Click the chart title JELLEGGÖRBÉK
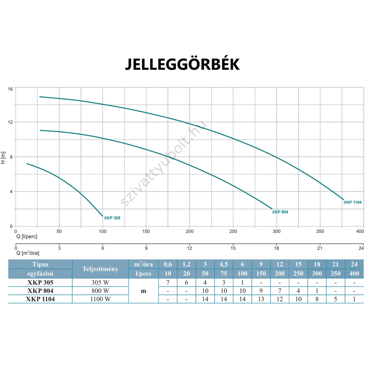182,64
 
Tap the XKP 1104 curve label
352,202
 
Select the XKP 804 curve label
280,212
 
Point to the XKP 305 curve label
112,218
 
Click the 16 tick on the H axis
11,88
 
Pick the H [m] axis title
4,157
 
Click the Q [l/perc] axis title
27,236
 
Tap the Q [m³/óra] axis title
28,253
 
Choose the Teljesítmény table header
100,269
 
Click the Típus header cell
40,264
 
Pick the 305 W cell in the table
100,282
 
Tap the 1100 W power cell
100,299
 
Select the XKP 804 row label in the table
40,291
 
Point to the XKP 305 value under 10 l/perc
168,282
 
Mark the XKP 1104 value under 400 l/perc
354,299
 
